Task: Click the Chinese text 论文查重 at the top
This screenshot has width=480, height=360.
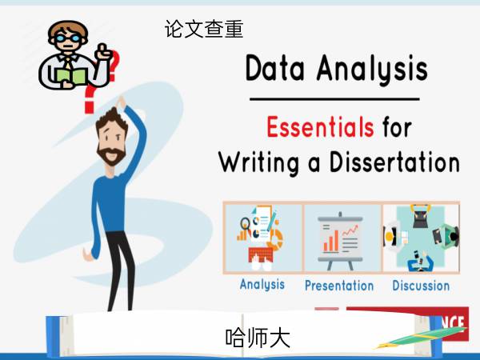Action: click(204, 29)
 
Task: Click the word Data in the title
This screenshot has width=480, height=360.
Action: click(275, 68)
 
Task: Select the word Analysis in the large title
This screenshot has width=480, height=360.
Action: click(372, 70)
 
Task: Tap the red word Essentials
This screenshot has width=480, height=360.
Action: click(320, 126)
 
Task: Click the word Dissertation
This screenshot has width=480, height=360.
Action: click(394, 162)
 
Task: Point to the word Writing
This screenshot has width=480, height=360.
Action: click(258, 163)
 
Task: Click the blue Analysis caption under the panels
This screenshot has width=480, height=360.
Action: click(262, 284)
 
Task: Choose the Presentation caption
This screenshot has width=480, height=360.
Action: click(339, 286)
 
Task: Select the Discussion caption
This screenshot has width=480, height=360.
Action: click(421, 286)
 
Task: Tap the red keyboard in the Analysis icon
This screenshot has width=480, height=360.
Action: click(261, 255)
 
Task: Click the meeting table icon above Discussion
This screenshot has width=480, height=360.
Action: click(421, 238)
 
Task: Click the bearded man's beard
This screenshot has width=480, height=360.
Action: click(111, 155)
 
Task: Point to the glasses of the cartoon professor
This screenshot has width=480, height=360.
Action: click(68, 38)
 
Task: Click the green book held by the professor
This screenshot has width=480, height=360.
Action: click(72, 76)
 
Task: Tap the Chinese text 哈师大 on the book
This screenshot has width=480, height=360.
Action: click(258, 338)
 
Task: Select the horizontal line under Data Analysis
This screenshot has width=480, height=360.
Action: click(334, 99)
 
